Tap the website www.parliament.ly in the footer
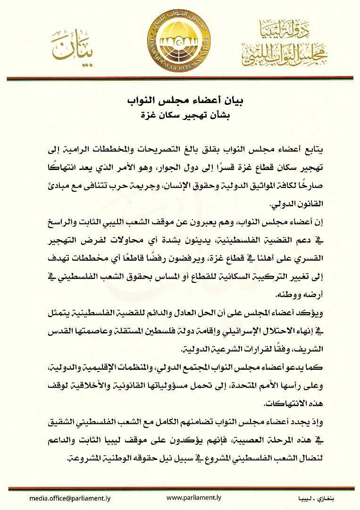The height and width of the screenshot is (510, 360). coord(194,498)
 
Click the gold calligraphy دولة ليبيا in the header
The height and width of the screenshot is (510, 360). coord(285,31)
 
